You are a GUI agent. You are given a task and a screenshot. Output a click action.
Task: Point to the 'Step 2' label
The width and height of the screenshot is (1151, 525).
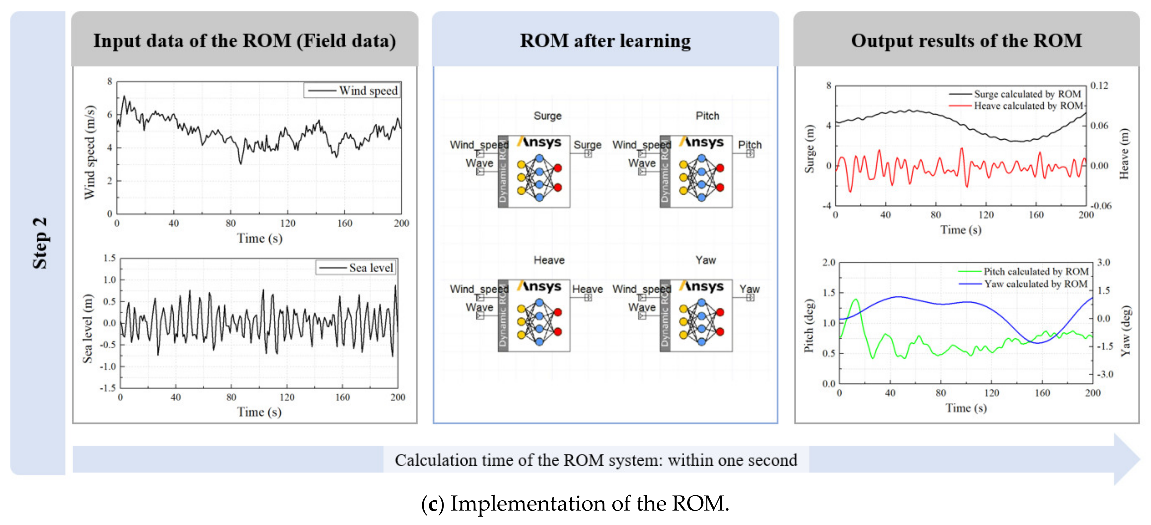pyautogui.click(x=39, y=243)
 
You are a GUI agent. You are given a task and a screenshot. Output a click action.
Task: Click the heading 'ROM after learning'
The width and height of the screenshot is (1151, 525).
pyautogui.click(x=605, y=41)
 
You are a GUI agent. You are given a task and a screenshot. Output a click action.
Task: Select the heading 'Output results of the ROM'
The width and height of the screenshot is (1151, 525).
pyautogui.click(x=966, y=41)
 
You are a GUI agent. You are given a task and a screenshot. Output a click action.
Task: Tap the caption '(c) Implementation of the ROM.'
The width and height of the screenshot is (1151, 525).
pyautogui.click(x=575, y=503)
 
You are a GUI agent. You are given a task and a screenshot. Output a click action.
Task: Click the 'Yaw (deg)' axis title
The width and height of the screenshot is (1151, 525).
pyautogui.click(x=1126, y=331)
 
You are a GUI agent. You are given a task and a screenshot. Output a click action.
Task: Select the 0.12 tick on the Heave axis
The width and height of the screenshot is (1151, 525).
pyautogui.click(x=1099, y=85)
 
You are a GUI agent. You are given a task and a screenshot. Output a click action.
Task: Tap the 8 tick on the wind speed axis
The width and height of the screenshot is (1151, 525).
pyautogui.click(x=110, y=81)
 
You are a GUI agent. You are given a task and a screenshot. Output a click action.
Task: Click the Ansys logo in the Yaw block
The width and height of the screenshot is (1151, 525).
pyautogui.click(x=701, y=286)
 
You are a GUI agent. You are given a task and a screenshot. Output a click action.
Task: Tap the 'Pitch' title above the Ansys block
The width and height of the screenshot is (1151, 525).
pyautogui.click(x=707, y=116)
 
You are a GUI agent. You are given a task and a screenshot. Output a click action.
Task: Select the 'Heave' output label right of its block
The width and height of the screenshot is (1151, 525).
pyautogui.click(x=587, y=289)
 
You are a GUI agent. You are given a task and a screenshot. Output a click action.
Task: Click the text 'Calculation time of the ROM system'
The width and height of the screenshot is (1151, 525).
pyautogui.click(x=527, y=460)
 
